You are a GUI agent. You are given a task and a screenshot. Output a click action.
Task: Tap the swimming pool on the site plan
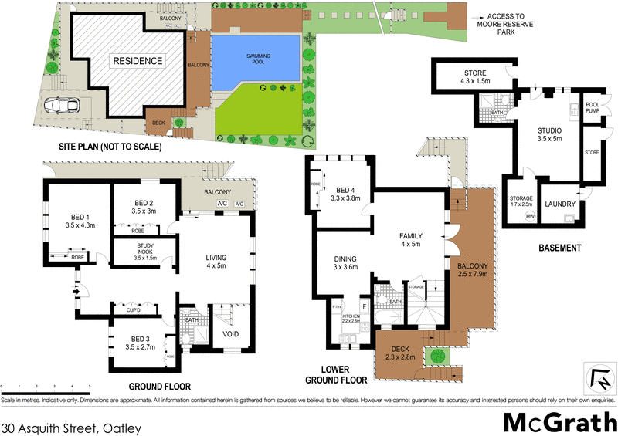point(256,62)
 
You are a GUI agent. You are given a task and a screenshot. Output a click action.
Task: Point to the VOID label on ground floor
point(231,334)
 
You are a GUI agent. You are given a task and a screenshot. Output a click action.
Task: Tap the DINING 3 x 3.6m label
point(346,263)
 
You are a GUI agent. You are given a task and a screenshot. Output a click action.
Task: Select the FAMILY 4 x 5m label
point(410,240)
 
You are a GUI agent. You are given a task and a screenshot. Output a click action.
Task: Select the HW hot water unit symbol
point(530,217)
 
